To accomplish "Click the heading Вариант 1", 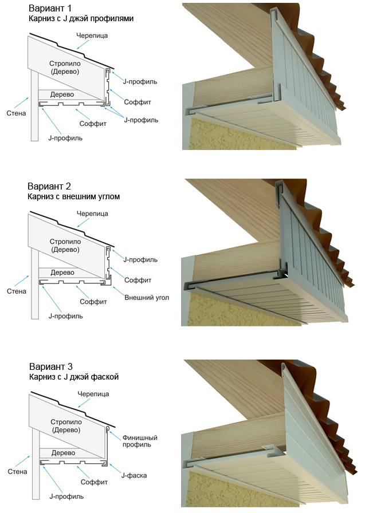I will [53, 9].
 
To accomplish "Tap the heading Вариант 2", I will [53, 187].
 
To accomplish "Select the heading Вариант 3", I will [53, 366].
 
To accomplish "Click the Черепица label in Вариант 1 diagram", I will [93, 35].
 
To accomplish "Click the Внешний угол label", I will [146, 298].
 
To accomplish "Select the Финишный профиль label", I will [140, 441].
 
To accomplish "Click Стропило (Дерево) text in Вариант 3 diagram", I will [64, 425].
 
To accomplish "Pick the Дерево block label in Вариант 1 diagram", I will [61, 94].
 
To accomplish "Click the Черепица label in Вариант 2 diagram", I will [93, 213].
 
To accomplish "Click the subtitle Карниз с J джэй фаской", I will [74, 377].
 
